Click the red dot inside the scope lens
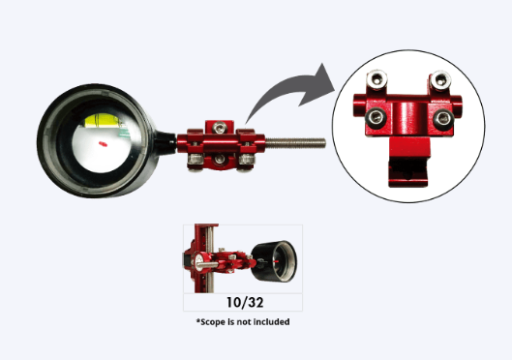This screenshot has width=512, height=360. [x=103, y=143]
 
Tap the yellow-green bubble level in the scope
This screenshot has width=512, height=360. [x=103, y=120]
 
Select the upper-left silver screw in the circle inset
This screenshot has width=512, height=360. [x=376, y=79]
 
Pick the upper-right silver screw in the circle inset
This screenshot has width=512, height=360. [x=440, y=80]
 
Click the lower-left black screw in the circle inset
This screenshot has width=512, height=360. [x=376, y=117]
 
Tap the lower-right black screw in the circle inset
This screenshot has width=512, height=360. [x=443, y=119]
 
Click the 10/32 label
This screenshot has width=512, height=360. [x=245, y=303]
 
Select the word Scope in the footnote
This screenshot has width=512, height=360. [x=213, y=322]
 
